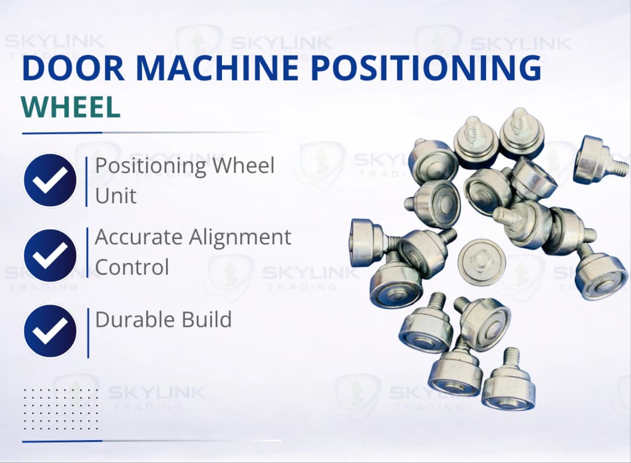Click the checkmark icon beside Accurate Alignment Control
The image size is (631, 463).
[50, 255]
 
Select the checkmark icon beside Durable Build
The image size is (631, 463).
[50, 331]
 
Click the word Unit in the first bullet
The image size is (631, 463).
[116, 196]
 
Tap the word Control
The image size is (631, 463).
[132, 267]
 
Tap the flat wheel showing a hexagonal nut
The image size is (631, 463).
[481, 261]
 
